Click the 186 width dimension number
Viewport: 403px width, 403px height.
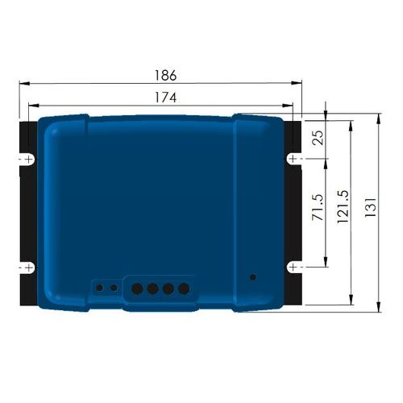[x=166, y=76]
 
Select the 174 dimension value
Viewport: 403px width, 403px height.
[x=166, y=98]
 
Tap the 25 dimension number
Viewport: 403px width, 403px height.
[x=318, y=138]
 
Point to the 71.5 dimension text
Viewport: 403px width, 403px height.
[x=318, y=207]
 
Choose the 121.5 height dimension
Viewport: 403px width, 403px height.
[x=343, y=206]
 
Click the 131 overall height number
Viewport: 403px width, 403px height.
[x=371, y=207]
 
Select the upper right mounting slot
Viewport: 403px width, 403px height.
[x=293, y=159]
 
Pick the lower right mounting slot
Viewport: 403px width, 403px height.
[x=293, y=268]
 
